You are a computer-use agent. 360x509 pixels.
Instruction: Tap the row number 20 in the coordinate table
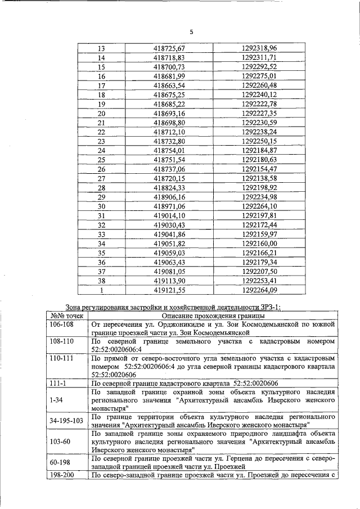coord(102,113)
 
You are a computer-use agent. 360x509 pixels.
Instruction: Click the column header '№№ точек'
coord(66,315)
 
